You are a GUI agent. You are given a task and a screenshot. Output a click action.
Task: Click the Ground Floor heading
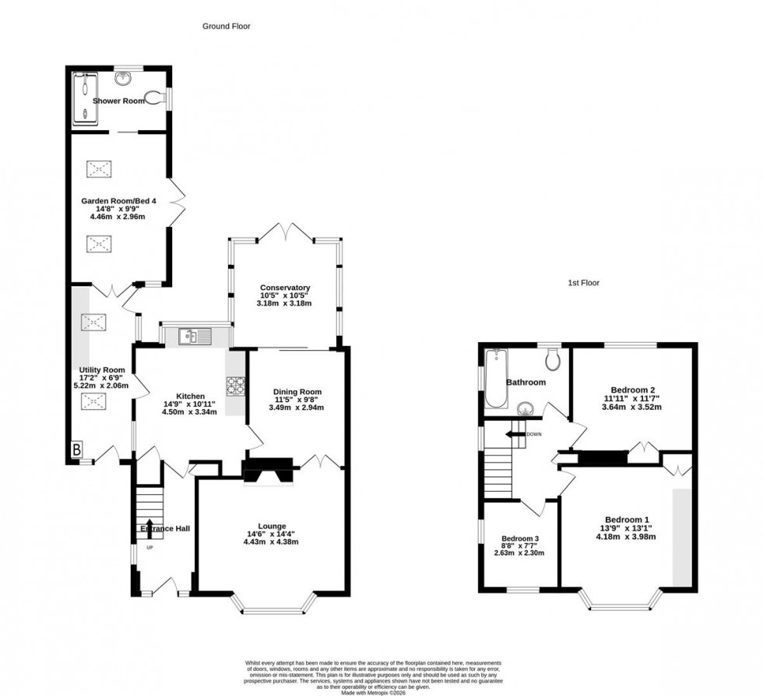tap(227, 26)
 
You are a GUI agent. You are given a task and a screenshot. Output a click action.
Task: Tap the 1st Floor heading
tap(583, 283)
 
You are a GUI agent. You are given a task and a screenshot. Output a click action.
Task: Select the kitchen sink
tap(193, 337)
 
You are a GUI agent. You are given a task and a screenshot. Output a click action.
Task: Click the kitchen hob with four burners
tap(236, 387)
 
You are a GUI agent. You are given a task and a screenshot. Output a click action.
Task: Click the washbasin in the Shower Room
tap(123, 78)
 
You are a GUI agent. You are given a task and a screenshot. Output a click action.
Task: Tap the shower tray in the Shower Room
tap(82, 98)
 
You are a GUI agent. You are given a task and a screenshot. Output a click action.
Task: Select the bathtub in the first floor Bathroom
tap(495, 380)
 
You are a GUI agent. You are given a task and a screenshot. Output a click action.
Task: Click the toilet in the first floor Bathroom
tap(554, 359)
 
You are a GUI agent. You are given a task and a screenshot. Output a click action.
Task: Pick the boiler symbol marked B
tap(77, 449)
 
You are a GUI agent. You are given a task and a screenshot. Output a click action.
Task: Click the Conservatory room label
tap(285, 288)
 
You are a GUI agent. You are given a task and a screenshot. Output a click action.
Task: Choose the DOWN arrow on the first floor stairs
tap(515, 434)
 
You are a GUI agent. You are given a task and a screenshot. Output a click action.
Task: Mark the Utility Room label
tap(102, 369)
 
